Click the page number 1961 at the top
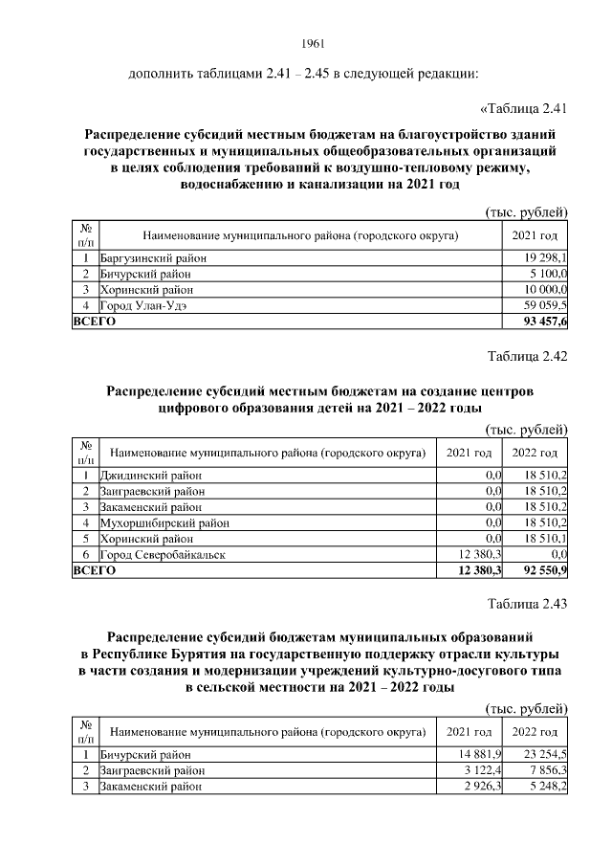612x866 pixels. [314, 44]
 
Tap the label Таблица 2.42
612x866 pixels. [528, 356]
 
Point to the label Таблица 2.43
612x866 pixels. [528, 603]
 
